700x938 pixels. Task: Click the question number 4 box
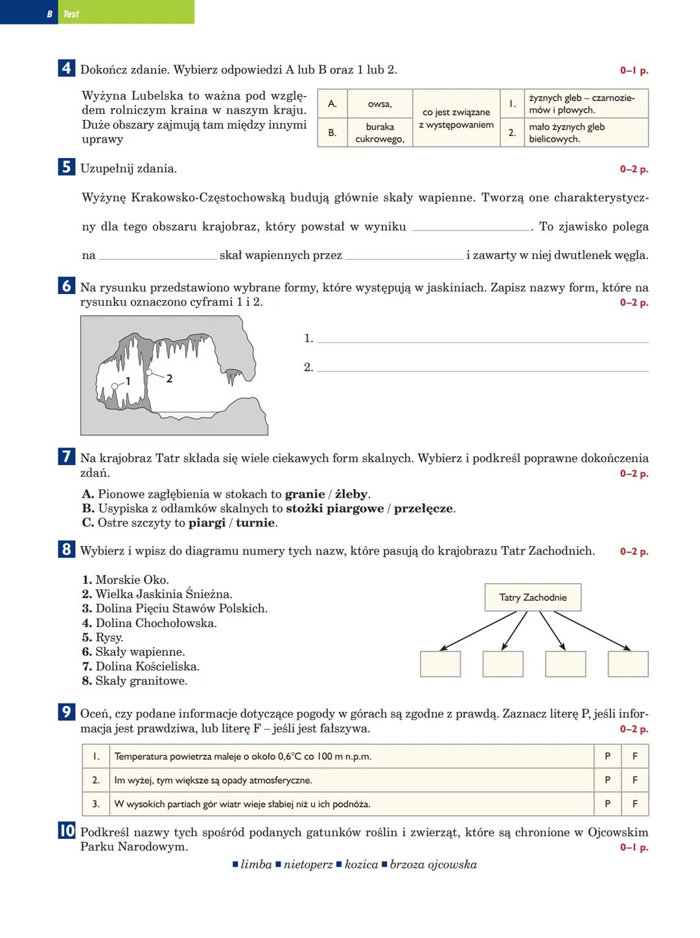coord(66,68)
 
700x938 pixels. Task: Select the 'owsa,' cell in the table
coord(379,104)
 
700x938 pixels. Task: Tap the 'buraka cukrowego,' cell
coord(379,133)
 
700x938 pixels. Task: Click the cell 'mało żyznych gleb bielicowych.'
coord(586,133)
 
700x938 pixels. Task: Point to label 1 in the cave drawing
coord(128,382)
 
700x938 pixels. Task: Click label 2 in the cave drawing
coord(169,378)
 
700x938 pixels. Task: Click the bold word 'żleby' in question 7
coord(351,494)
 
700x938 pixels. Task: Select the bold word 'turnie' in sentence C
coord(256,523)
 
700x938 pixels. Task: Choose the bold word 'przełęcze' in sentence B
coord(423,509)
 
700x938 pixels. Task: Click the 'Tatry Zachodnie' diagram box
coord(533,597)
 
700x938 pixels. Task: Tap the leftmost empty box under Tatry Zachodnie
coord(440,664)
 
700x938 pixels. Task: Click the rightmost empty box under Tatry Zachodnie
coord(627,664)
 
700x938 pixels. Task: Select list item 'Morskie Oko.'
coord(132,580)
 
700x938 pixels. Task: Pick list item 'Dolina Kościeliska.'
coord(147,667)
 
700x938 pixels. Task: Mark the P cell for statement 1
coord(607,756)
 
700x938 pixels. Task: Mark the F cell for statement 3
coord(635,804)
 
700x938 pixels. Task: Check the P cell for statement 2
coord(607,780)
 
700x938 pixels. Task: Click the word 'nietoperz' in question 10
coord(308,865)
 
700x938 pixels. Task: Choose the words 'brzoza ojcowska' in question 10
coord(433,865)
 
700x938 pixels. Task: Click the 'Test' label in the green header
coord(71,14)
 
